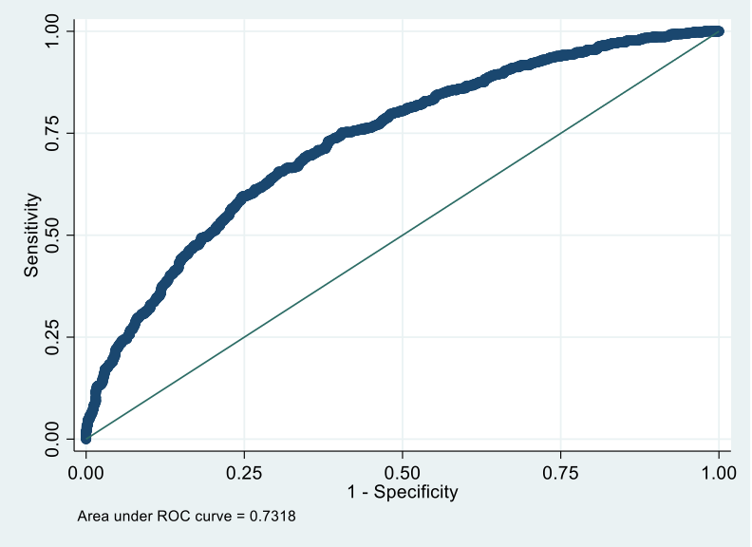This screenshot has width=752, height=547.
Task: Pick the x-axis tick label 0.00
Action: pyautogui.click(x=86, y=471)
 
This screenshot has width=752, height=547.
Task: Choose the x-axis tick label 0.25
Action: pyautogui.click(x=244, y=471)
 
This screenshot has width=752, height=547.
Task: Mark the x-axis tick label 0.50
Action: pyautogui.click(x=403, y=471)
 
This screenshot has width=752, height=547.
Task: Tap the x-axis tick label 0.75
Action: pyautogui.click(x=561, y=471)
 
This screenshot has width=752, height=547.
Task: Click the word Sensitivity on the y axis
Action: pyautogui.click(x=32, y=235)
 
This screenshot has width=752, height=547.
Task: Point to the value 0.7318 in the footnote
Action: pyautogui.click(x=281, y=518)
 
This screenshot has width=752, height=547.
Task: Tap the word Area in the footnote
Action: pyautogui.click(x=91, y=518)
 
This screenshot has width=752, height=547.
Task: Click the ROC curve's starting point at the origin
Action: pyautogui.click(x=86, y=437)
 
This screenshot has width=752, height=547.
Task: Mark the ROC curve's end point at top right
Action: pyautogui.click(x=719, y=31)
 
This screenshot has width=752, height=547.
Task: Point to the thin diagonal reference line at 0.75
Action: pyautogui.click(x=561, y=133)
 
